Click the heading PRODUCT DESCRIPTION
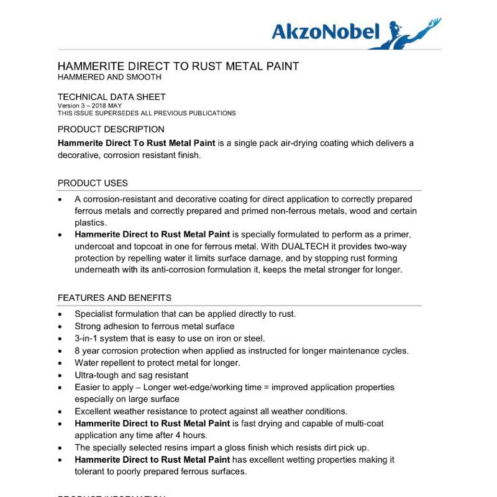coord(111,129)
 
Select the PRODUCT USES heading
coord(93,183)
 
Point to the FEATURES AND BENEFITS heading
coord(114,298)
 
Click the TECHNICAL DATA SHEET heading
coord(111,97)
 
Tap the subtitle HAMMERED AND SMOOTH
coord(109,77)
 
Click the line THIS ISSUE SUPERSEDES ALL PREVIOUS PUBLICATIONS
coord(147,113)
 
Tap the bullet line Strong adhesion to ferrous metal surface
coord(154,326)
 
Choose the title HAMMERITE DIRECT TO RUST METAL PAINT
coord(178,66)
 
